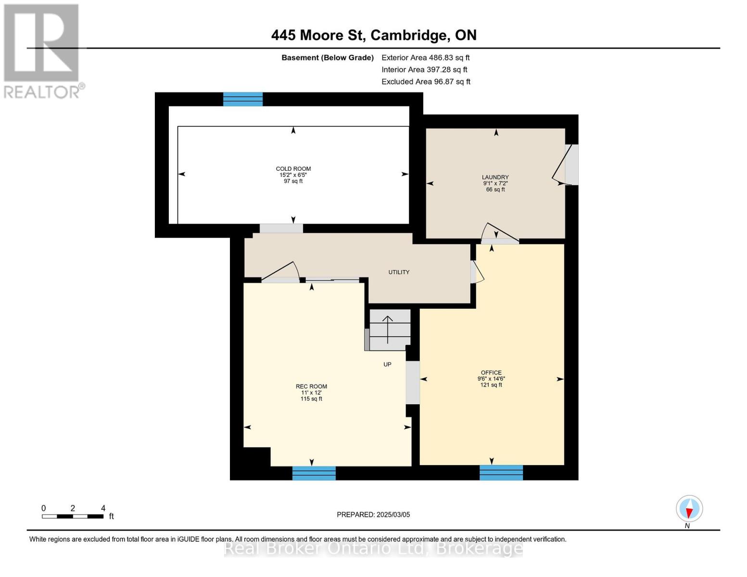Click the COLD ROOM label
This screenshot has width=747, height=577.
[293, 169]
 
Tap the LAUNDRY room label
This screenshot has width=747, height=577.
[495, 177]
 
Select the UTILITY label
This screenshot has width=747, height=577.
[399, 272]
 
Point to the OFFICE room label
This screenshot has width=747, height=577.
[491, 373]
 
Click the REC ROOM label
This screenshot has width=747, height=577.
[311, 387]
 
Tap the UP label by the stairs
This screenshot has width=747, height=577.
[387, 364]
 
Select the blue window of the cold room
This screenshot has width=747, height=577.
[243, 99]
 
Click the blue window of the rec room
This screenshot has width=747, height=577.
[314, 473]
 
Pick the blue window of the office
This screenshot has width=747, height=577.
[501, 473]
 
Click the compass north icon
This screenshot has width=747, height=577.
[689, 509]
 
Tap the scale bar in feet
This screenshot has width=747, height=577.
[73, 516]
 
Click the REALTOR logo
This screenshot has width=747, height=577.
[42, 50]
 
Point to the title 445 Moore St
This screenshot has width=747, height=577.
[374, 35]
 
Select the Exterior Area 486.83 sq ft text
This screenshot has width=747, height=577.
[425, 58]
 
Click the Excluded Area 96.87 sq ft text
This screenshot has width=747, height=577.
[426, 82]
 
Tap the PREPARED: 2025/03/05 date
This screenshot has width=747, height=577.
[373, 514]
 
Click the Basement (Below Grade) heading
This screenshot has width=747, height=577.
[328, 58]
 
